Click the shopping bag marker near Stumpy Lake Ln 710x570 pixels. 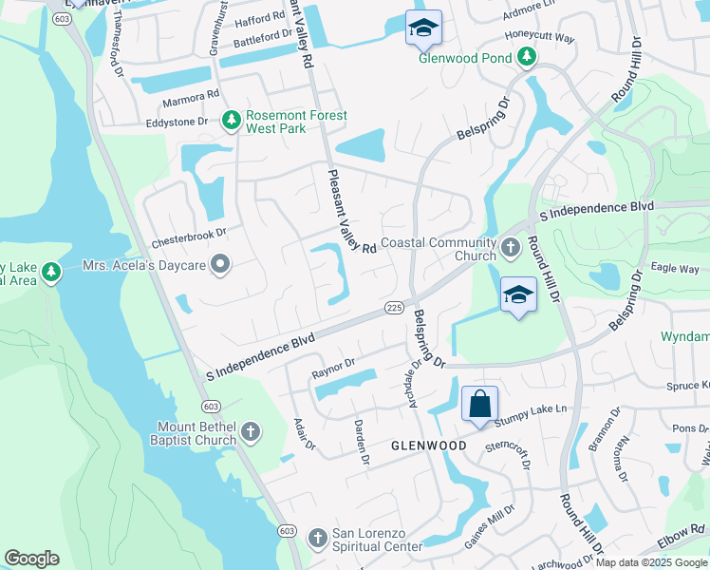479,404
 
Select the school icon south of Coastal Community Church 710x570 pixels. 518,295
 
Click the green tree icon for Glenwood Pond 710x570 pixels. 527,58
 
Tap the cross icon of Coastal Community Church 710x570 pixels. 511,250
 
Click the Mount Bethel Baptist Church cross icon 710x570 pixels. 251,432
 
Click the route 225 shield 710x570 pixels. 396,308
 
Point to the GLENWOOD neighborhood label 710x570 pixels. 429,446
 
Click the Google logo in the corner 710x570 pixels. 31,559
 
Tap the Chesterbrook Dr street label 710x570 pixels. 189,232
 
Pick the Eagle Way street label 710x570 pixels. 676,269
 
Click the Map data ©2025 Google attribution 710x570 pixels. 651,562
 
